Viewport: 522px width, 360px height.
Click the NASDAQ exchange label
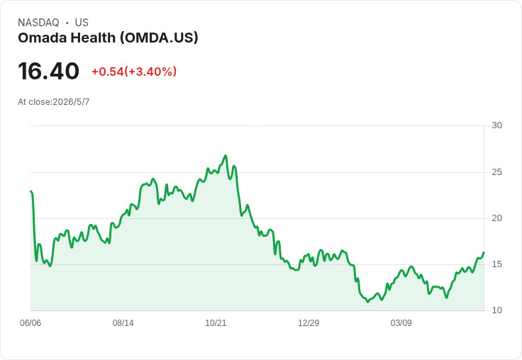pyautogui.click(x=38, y=23)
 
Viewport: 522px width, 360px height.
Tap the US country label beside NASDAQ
pyautogui.click(x=82, y=23)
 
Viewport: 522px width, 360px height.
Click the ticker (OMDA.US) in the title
pyautogui.click(x=159, y=38)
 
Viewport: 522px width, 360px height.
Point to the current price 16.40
pyautogui.click(x=49, y=71)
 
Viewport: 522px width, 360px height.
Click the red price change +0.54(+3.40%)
pyautogui.click(x=134, y=72)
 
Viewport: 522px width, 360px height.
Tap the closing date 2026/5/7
pyautogui.click(x=71, y=102)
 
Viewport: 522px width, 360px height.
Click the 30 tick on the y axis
pyautogui.click(x=496, y=125)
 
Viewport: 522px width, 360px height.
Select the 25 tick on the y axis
pyautogui.click(x=496, y=172)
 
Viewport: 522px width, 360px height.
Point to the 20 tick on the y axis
pyautogui.click(x=496, y=218)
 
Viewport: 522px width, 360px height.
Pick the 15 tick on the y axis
pyautogui.click(x=496, y=264)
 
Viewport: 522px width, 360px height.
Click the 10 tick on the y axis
pyautogui.click(x=496, y=310)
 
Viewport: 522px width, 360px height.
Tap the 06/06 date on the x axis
pyautogui.click(x=30, y=323)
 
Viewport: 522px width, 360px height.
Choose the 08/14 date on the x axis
pyautogui.click(x=123, y=323)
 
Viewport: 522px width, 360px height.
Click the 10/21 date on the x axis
pyautogui.click(x=216, y=323)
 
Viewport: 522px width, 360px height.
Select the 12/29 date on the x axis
pyautogui.click(x=309, y=323)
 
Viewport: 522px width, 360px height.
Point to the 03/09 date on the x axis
pyautogui.click(x=401, y=323)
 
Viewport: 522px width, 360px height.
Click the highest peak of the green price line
pyautogui.click(x=226, y=155)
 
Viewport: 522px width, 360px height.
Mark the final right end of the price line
pyautogui.click(x=484, y=252)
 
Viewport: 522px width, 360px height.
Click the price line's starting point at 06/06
pyautogui.click(x=30, y=191)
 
